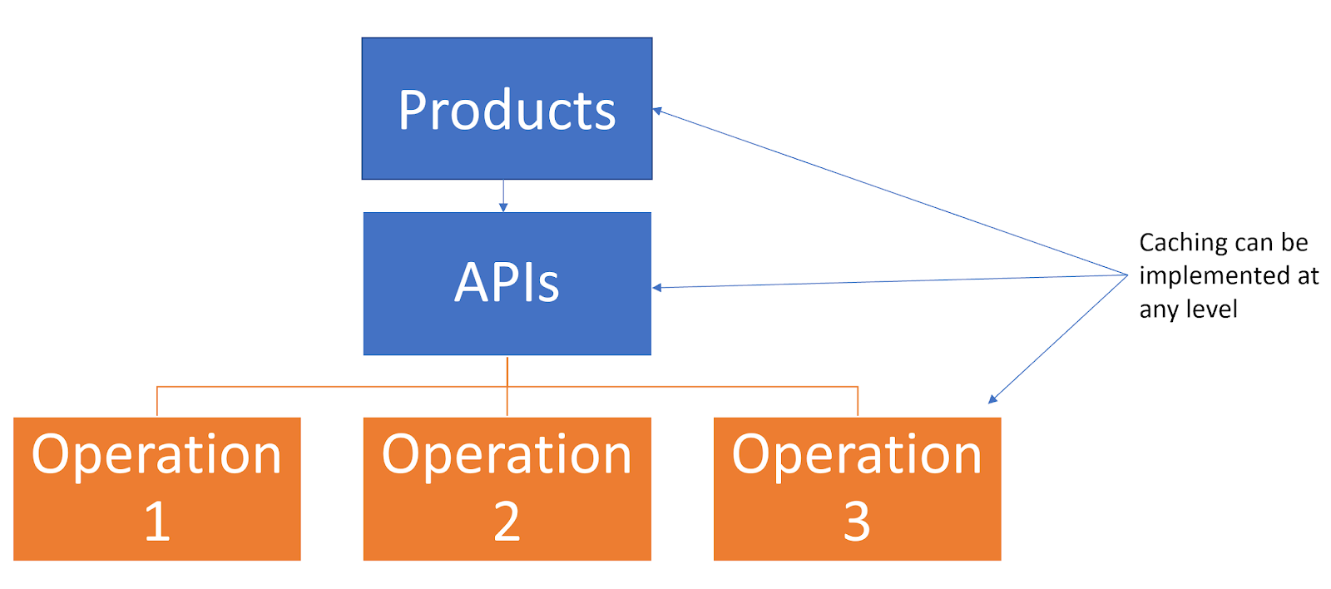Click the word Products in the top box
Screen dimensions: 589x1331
pyautogui.click(x=507, y=111)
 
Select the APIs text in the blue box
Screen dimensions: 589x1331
pyautogui.click(x=507, y=283)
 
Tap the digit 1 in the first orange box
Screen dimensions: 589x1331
pyautogui.click(x=157, y=522)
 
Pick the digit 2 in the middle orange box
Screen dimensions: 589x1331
pyautogui.click(x=507, y=522)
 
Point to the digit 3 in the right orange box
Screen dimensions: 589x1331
pyautogui.click(x=857, y=522)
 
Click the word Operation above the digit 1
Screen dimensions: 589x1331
pyautogui.click(x=157, y=455)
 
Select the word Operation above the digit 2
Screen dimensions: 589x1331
pyautogui.click(x=507, y=455)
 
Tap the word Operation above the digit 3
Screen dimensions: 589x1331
pyautogui.click(x=857, y=455)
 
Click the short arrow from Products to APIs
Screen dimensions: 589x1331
pyautogui.click(x=503, y=196)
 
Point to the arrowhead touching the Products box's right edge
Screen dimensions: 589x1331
pyautogui.click(x=657, y=111)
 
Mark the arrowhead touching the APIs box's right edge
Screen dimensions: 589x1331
pyautogui.click(x=657, y=288)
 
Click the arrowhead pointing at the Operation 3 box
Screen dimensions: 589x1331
pyautogui.click(x=992, y=399)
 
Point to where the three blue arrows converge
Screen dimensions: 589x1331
pyautogui.click(x=1126, y=275)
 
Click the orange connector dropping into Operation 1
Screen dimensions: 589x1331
pyautogui.click(x=157, y=401)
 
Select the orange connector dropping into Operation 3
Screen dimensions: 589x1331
pyautogui.click(x=858, y=401)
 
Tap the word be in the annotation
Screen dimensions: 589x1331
pyautogui.click(x=1294, y=243)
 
